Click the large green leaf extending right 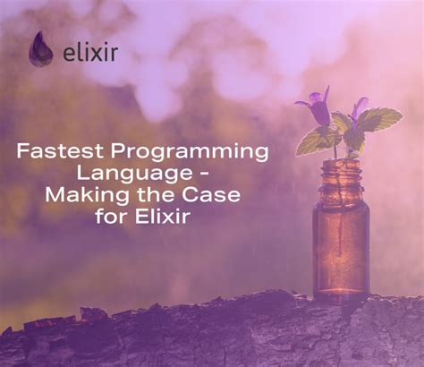click(x=380, y=119)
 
